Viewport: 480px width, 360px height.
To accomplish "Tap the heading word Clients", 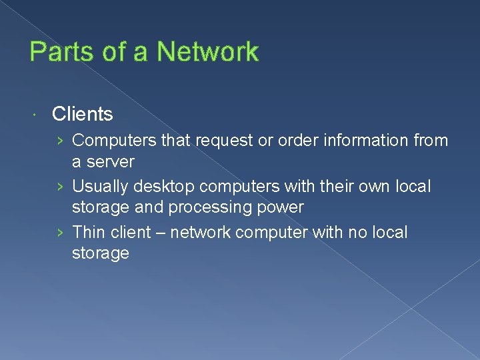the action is [x=82, y=115].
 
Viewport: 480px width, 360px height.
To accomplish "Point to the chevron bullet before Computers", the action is [x=61, y=141].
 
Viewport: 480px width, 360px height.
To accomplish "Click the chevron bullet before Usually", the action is [x=61, y=187].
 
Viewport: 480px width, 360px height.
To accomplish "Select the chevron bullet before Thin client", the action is [x=61, y=233].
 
